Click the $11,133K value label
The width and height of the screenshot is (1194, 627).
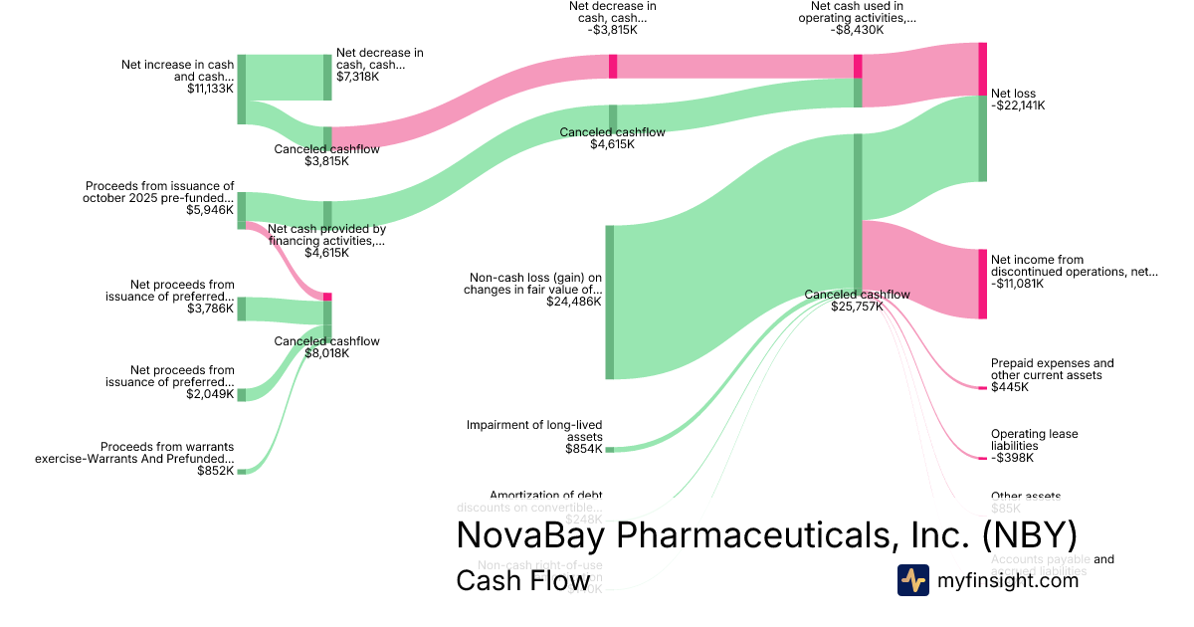click(x=210, y=89)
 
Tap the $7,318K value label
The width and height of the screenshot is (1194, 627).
click(x=357, y=77)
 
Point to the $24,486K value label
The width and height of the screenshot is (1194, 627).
click(x=573, y=302)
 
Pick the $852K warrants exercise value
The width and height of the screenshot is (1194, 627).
click(x=216, y=471)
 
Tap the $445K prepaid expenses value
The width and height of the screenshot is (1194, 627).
click(x=1010, y=387)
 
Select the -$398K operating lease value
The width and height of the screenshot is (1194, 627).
click(x=1012, y=458)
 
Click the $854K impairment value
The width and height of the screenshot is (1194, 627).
click(x=583, y=449)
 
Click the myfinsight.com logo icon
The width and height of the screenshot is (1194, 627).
click(x=912, y=580)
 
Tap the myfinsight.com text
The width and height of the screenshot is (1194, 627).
click(x=1008, y=580)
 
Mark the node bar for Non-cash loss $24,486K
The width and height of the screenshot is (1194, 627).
click(x=610, y=302)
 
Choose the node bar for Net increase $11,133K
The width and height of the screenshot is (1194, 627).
click(x=241, y=89)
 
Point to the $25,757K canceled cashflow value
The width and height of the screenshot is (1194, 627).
click(x=857, y=307)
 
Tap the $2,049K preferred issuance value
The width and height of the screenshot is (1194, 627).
click(x=210, y=394)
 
